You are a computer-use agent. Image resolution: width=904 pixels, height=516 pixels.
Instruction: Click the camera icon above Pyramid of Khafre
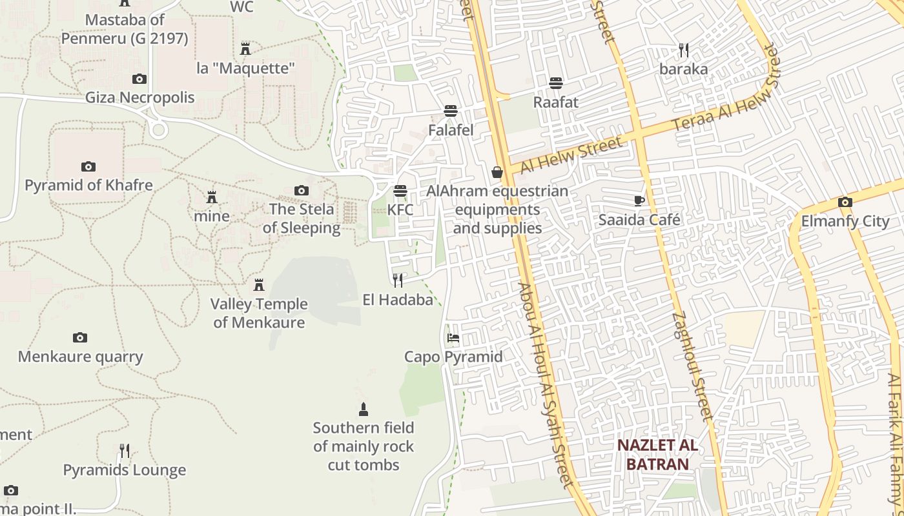[x=88, y=166]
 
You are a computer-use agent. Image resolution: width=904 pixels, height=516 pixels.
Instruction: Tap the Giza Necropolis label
[x=140, y=97]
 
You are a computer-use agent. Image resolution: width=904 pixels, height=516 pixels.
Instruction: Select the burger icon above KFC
[x=400, y=191]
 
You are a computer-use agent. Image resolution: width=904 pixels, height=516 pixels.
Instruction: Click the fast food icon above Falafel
[x=451, y=111]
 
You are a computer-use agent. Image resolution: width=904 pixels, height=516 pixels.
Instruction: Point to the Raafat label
[x=555, y=102]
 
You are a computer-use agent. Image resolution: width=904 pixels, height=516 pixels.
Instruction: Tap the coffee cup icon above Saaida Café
[x=639, y=201]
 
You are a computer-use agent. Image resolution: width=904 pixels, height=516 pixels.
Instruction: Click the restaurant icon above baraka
[x=684, y=50]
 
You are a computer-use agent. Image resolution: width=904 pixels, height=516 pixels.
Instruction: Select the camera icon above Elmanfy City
[x=845, y=202]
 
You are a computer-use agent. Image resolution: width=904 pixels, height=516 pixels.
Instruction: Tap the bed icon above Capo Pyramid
[x=453, y=337]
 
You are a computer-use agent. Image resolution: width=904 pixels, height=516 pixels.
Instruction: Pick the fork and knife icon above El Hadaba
[x=398, y=280]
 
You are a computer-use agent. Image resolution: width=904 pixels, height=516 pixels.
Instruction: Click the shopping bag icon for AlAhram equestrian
[x=497, y=172]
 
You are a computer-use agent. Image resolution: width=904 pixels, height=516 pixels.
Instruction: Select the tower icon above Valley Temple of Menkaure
[x=259, y=284]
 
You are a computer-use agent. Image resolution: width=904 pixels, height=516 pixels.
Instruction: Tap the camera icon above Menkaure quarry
[x=80, y=337]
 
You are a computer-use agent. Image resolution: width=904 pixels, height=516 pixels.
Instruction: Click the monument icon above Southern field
[x=363, y=409]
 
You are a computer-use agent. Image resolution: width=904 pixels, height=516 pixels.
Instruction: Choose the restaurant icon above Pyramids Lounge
[x=125, y=450]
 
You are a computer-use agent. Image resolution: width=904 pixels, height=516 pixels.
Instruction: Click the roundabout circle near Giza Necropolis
[x=158, y=130]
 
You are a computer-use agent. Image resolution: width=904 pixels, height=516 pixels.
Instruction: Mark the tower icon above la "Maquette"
[x=245, y=48]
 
